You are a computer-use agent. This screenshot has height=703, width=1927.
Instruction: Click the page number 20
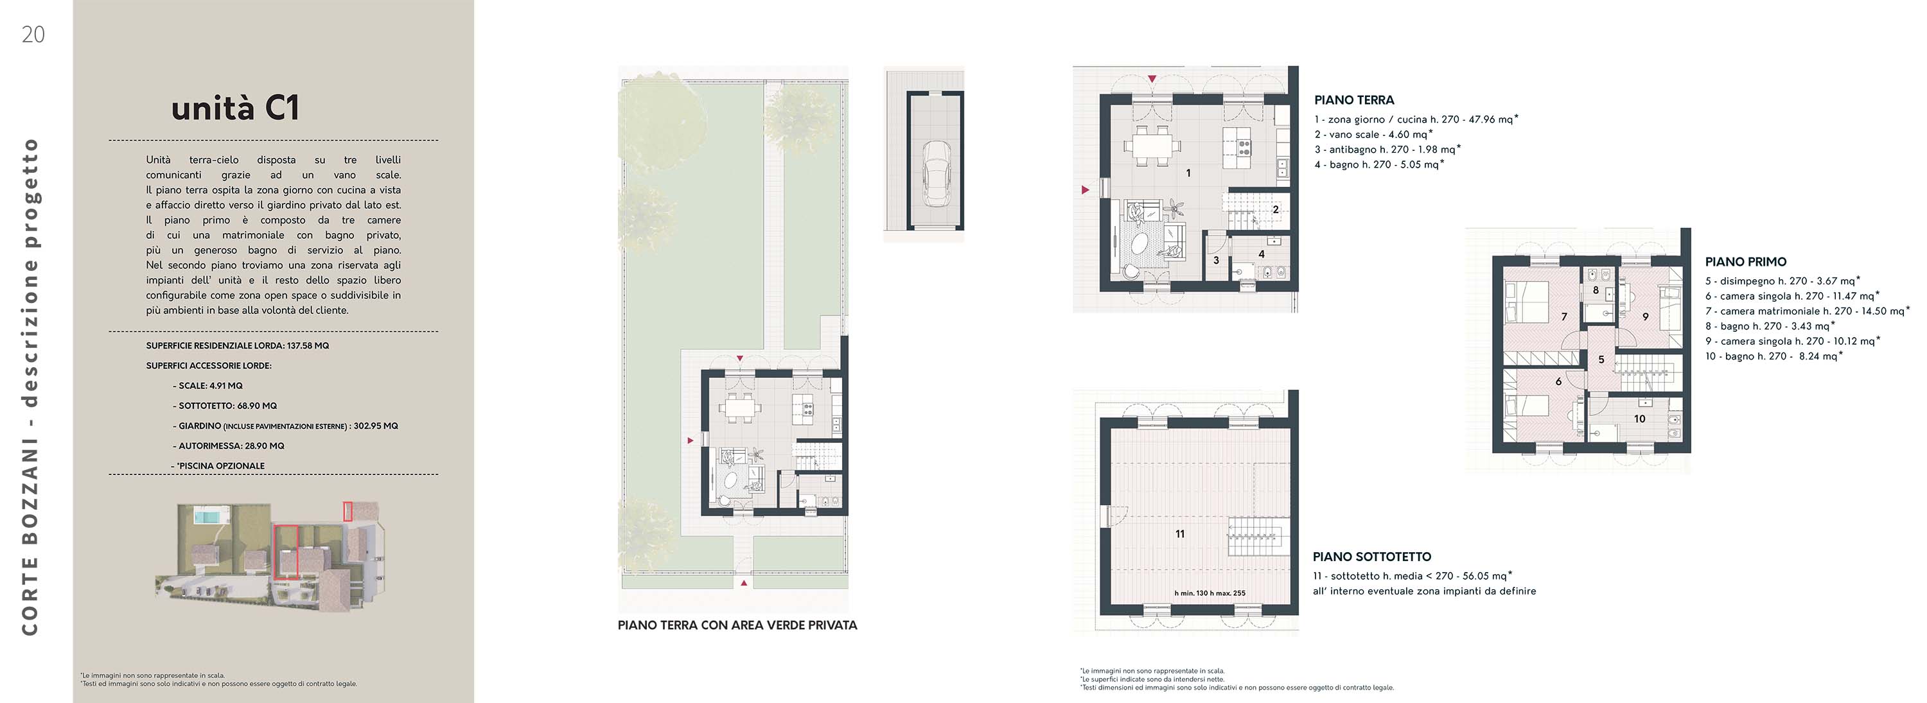point(33,35)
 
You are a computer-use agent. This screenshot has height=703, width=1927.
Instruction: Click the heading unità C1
point(236,108)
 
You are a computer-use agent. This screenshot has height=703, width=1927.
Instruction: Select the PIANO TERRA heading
point(1354,100)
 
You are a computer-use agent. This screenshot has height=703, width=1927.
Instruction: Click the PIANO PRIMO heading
point(1746,263)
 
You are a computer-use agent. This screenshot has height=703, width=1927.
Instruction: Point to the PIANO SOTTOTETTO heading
point(1372,557)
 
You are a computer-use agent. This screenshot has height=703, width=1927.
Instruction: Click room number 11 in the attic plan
point(1180,534)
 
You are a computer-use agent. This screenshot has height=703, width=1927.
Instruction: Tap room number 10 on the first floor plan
point(1640,419)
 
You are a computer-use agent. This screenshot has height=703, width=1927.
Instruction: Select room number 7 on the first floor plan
point(1563,317)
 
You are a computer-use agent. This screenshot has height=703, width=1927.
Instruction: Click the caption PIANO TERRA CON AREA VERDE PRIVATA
point(737,625)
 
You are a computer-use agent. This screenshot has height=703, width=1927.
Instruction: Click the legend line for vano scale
point(1373,135)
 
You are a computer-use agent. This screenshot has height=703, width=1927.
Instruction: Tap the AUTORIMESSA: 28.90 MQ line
point(229,446)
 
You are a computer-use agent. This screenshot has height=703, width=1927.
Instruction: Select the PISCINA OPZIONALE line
point(218,466)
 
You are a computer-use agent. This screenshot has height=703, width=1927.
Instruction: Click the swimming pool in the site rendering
point(204,516)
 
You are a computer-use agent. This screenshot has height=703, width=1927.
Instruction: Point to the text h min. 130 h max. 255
point(1210,594)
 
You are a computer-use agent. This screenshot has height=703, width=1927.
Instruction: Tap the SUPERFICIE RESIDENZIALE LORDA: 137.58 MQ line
point(238,346)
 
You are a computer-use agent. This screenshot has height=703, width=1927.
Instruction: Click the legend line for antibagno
point(1387,150)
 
